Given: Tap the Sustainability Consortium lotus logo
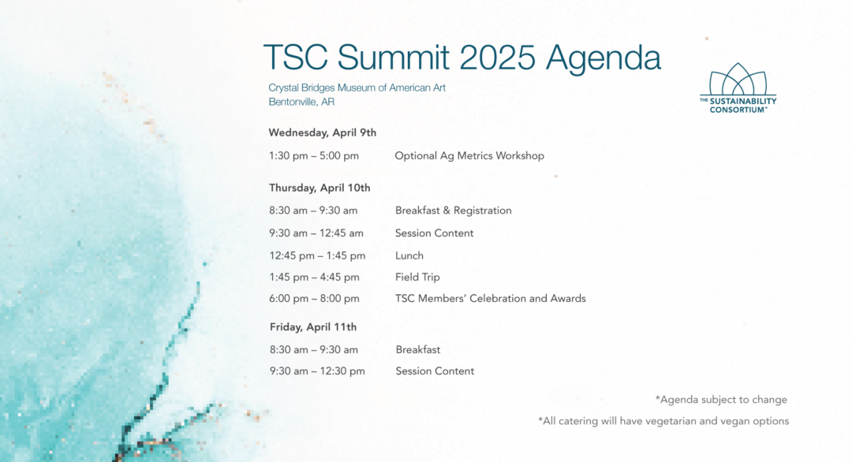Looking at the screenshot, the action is (x=738, y=88).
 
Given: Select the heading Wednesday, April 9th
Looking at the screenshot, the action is (x=322, y=133).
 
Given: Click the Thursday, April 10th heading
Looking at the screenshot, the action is (x=319, y=188).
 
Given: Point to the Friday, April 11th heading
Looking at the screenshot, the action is (x=313, y=327).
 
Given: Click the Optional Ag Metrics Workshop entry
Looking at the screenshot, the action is (x=469, y=156).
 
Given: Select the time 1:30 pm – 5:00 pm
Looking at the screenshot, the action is (x=313, y=156).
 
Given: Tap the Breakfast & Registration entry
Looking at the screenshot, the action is (x=453, y=211).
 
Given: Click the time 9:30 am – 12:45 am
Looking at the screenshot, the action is (x=316, y=233).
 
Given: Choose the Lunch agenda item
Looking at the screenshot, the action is (x=409, y=255).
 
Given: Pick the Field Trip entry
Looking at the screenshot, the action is (x=417, y=277).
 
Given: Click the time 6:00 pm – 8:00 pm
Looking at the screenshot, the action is (x=314, y=299).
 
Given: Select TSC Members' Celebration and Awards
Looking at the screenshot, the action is (x=490, y=299).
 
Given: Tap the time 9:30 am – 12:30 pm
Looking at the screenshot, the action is (x=317, y=371).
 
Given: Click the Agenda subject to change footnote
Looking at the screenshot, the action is (x=721, y=400).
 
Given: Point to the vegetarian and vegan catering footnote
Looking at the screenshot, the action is (x=663, y=421).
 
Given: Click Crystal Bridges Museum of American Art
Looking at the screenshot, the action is (x=357, y=88).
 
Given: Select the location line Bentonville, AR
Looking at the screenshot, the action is (x=301, y=102).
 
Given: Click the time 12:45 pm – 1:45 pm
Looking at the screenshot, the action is (x=317, y=255).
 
